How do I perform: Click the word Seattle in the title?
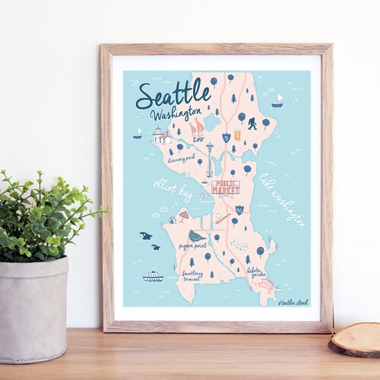tap(173, 94)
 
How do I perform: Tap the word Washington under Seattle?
tap(176, 114)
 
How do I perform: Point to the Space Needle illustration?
tap(208, 155)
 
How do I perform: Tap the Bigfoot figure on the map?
tap(252, 121)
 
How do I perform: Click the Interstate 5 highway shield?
tap(226, 138)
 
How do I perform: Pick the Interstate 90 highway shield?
tap(239, 210)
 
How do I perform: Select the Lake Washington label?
tap(283, 199)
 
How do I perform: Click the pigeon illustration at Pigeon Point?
tap(197, 236)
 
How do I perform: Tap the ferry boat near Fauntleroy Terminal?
tap(153, 276)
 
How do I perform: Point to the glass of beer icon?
tap(237, 135)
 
